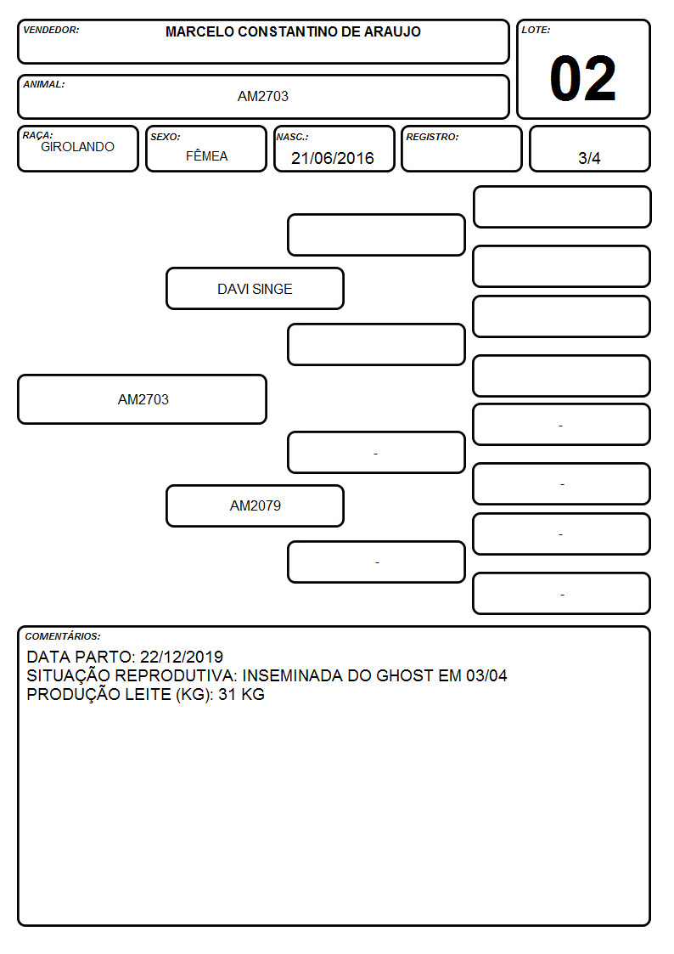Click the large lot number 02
tap(583, 78)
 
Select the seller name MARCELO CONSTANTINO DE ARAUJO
tap(293, 31)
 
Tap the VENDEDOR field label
tap(51, 30)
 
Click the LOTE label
tap(536, 30)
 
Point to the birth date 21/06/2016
tap(333, 158)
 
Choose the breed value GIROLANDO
tap(77, 147)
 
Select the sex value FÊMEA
tap(206, 155)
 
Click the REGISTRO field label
tap(432, 137)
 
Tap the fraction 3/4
tap(589, 158)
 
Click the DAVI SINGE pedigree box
tap(256, 288)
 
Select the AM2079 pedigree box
tap(256, 505)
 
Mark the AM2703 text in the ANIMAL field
tap(262, 96)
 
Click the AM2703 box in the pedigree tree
tap(143, 399)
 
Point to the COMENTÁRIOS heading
tap(63, 636)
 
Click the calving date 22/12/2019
tap(182, 657)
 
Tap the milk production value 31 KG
tap(241, 695)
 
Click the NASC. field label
tap(292, 137)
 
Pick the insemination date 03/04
tap(486, 676)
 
